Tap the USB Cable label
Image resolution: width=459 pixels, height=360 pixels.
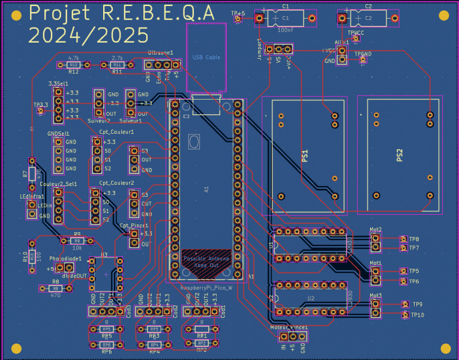(x=206, y=57)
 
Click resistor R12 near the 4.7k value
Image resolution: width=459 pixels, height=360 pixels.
(x=73, y=64)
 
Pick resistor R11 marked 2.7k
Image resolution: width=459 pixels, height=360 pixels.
(x=117, y=64)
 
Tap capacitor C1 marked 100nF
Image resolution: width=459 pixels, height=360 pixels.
(x=285, y=19)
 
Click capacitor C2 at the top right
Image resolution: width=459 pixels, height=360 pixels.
(x=368, y=19)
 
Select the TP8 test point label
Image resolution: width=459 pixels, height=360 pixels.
(x=414, y=239)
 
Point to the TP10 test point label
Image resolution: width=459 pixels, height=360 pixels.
(x=417, y=315)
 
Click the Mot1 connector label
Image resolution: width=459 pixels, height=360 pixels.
(x=376, y=263)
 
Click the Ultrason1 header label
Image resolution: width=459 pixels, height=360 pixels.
(x=160, y=53)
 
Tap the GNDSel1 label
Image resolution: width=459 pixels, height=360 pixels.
(x=58, y=133)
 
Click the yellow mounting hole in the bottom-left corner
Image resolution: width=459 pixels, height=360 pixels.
(x=16, y=348)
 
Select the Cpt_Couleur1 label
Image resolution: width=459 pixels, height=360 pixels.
(x=116, y=131)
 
